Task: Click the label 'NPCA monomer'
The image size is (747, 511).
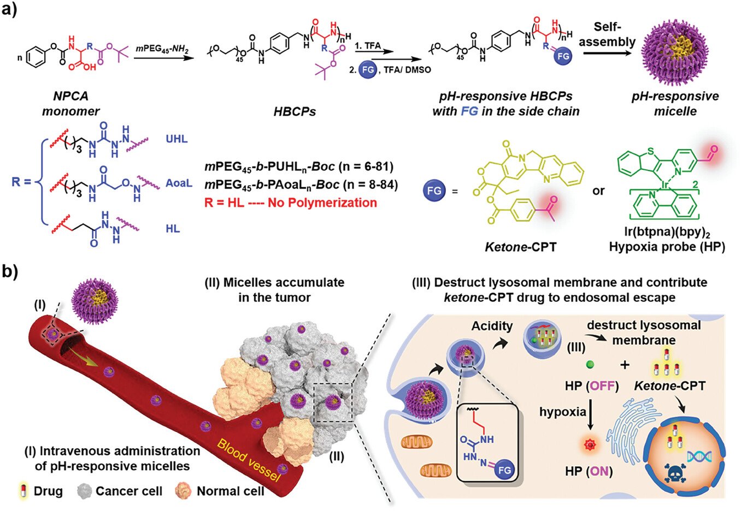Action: coord(70,104)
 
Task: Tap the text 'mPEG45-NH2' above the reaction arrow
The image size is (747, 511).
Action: coord(162,49)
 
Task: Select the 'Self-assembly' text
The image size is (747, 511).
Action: coord(607,34)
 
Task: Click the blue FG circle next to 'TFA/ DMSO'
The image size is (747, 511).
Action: coord(368,70)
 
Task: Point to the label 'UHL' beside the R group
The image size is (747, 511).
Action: coord(177,139)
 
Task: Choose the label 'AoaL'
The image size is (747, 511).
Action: coord(179,183)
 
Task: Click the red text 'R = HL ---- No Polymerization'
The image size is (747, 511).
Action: coord(291,203)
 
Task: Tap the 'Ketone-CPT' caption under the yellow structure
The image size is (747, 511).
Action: coord(521,247)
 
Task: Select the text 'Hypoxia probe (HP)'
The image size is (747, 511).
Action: coord(667,247)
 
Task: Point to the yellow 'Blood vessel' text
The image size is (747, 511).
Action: coord(249,460)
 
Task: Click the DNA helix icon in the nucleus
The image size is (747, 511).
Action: coord(699,456)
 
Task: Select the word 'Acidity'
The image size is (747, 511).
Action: coord(492,326)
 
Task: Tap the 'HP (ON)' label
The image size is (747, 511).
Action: coord(589,471)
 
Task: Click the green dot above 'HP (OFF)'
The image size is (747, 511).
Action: coord(590,365)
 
